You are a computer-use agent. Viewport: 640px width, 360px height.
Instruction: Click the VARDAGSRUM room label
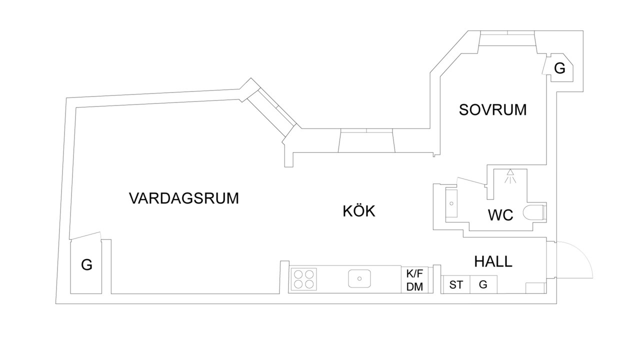pos(184,198)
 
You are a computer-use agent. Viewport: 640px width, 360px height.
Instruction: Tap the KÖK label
pos(358,211)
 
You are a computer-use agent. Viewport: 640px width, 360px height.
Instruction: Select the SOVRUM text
pos(492,109)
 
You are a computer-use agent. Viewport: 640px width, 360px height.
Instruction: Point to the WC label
pos(500,215)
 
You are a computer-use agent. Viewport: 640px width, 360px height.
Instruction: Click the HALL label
pos(493,261)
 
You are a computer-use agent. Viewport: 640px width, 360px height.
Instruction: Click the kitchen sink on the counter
pos(359,278)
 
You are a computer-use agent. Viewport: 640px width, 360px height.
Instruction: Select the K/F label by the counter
pos(414,273)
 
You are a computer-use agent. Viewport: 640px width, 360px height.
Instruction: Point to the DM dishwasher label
pos(414,286)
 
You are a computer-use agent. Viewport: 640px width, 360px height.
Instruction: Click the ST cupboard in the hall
pos(456,285)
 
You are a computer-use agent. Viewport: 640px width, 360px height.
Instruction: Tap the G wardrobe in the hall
pos(483,285)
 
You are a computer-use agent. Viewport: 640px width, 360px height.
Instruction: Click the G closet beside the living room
pos(86,265)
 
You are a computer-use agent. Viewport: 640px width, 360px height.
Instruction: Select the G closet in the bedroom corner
pos(559,68)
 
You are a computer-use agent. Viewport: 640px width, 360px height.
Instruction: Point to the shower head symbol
pos(510,176)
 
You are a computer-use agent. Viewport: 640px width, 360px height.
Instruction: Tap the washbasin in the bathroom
pos(451,203)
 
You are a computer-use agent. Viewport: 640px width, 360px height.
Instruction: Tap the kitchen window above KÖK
pos(366,140)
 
